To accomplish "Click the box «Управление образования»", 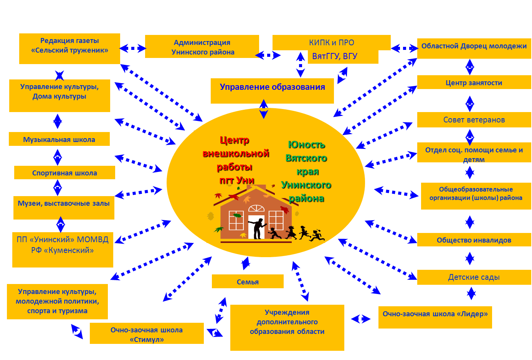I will (272, 91).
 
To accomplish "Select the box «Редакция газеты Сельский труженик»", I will (69, 48).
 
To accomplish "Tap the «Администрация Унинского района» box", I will (202, 47).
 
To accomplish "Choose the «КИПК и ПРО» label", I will (331, 43).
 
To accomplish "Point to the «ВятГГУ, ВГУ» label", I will (335, 56).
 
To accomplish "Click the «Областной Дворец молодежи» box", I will (474, 48).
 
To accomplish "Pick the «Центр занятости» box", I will (474, 83).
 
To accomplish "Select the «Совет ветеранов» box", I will (474, 120).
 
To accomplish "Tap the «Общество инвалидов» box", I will (474, 240).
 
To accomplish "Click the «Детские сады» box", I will (474, 277).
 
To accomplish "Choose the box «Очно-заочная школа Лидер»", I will (435, 317).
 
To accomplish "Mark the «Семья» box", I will (248, 281).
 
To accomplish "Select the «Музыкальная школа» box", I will (59, 139).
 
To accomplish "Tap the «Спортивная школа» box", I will (64, 173).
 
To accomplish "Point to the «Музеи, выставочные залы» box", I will (64, 208).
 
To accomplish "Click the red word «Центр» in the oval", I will (234, 140).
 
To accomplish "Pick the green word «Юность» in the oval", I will (306, 145).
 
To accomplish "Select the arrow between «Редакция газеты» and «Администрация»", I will (132, 48).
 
